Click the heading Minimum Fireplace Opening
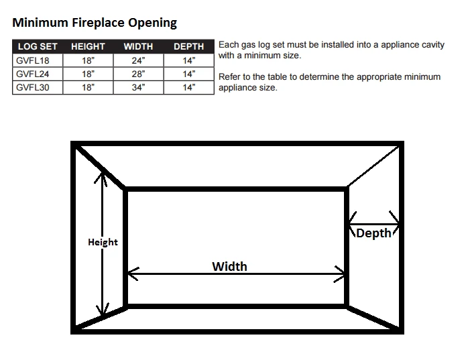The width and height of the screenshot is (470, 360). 95,23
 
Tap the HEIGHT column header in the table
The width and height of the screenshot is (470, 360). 88,47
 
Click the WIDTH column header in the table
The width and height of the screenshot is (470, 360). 138,47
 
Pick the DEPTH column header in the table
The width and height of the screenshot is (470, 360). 188,47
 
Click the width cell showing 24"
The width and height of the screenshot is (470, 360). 138,60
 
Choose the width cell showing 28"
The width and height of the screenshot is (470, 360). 138,74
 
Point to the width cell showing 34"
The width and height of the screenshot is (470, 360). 138,87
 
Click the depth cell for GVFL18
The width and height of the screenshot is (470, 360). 188,60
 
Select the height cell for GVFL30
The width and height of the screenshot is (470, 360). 88,87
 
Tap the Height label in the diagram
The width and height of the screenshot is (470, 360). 103,242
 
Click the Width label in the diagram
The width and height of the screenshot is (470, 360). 229,266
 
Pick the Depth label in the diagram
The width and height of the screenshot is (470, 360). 373,233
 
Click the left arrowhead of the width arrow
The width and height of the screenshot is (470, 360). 131,274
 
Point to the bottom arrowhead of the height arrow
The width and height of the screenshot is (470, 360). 103,311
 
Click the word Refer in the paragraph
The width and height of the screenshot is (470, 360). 229,77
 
